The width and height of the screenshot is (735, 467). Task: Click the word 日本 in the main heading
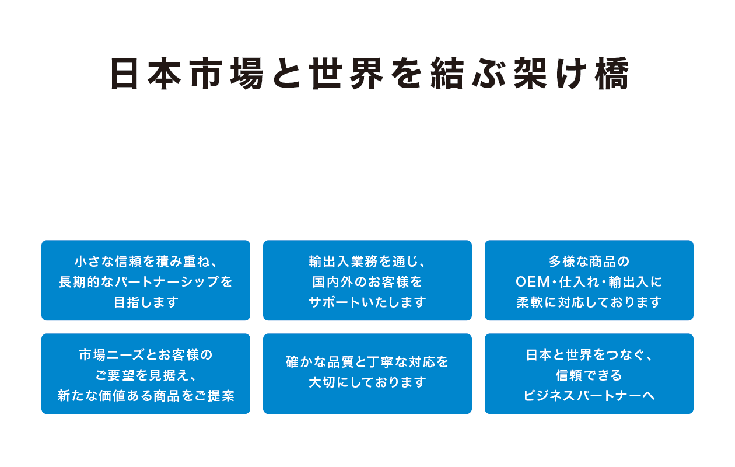[145, 74]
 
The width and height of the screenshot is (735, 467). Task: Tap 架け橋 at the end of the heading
[571, 74]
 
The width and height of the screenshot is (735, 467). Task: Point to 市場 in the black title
[227, 74]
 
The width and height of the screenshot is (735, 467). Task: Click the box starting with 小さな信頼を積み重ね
[146, 280]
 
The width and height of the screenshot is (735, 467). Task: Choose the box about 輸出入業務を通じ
[367, 280]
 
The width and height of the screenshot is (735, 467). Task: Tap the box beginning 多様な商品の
[589, 280]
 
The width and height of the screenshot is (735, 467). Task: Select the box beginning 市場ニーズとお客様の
[146, 374]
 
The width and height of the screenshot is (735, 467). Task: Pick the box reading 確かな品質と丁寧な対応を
[367, 374]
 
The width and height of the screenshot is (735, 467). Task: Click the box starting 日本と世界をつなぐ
[589, 374]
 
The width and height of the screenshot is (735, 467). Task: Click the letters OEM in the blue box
[533, 282]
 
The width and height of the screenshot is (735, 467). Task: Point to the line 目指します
[146, 302]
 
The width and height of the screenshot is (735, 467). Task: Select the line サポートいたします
[367, 302]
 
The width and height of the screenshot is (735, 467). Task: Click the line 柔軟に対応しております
[589, 302]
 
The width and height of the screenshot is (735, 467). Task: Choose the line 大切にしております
[367, 382]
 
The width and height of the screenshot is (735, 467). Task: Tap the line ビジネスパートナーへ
[589, 395]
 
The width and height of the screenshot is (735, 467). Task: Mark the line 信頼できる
[589, 375]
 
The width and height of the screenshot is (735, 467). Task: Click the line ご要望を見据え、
[146, 375]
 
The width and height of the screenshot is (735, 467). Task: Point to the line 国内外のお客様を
[367, 282]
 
